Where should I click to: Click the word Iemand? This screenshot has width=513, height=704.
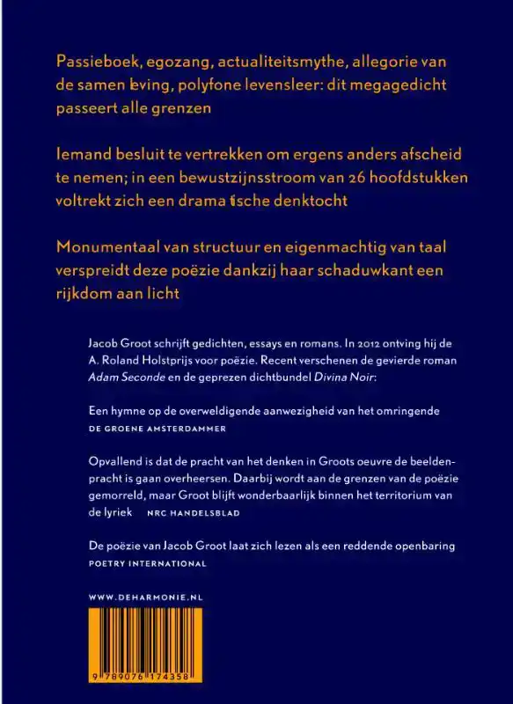click(x=82, y=154)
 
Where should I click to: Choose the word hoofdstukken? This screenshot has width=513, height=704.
click(x=391, y=177)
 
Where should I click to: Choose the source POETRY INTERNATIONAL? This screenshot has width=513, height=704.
click(x=148, y=562)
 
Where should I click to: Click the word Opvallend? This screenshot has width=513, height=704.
click(x=116, y=462)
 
